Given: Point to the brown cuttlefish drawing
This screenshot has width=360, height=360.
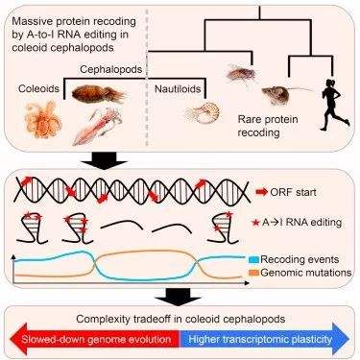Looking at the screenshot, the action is [x=99, y=93].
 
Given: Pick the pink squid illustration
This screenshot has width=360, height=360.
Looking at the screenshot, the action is [x=98, y=126].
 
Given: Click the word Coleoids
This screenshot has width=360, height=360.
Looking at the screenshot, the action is [x=38, y=88].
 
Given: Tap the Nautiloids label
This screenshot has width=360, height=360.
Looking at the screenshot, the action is [x=178, y=89].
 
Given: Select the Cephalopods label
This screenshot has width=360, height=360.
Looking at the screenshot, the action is [x=110, y=69].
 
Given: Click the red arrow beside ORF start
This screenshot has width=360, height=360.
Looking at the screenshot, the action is [x=261, y=192].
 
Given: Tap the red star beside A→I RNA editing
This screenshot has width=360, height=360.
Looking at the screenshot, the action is [x=255, y=223].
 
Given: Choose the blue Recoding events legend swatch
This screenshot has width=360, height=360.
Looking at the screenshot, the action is [x=253, y=259].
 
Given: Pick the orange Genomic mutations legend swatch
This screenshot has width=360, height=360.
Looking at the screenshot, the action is [x=253, y=273].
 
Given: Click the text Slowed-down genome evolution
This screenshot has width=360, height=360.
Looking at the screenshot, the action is [x=96, y=339].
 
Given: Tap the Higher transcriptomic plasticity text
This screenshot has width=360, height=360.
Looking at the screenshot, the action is [x=260, y=339].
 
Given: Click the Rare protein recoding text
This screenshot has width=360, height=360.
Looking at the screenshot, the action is [x=268, y=126].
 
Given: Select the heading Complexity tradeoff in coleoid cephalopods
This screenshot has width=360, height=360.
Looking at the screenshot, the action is [x=180, y=319].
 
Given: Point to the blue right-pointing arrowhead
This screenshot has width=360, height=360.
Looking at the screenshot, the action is [x=341, y=339].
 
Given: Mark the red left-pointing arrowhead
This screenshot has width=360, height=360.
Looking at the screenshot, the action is [x=17, y=339].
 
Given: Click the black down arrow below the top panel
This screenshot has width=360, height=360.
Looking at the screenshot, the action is [x=104, y=159].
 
